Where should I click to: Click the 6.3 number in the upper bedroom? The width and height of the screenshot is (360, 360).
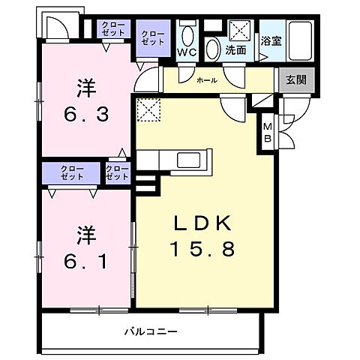pos(84,115)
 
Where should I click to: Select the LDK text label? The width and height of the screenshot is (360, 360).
pos(205,223)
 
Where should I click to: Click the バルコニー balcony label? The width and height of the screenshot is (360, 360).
pos(151,331)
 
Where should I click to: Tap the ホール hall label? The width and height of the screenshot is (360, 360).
pos(207,79)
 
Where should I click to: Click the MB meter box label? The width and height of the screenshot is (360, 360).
pos(268,133)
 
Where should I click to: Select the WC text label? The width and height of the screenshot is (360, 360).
pos(187,52)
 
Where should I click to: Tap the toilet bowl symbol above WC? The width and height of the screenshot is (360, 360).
pos(187,34)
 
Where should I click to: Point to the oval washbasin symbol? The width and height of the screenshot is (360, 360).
pos(214,49)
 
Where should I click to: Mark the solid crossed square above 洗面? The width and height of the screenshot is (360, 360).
pos(241,31)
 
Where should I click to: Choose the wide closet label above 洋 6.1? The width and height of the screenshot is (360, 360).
pos(72,172)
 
